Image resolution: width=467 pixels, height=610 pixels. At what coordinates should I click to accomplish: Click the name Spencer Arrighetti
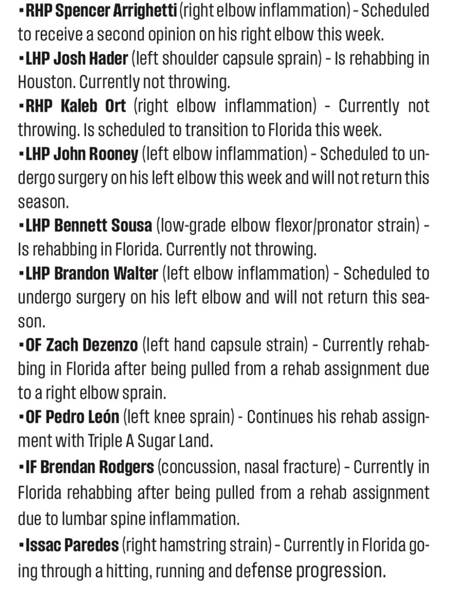116,11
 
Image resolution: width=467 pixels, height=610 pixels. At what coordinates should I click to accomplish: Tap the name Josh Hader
91,59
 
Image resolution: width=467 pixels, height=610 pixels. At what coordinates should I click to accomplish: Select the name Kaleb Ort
93,106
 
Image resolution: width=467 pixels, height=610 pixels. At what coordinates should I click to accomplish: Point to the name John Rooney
96,154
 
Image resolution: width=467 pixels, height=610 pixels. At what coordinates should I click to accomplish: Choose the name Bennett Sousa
103,225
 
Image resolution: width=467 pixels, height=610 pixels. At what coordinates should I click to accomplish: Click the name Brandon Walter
106,274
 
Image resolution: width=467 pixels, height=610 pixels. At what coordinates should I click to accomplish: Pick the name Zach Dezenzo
92,345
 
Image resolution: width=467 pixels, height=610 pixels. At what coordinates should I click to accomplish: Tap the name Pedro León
83,416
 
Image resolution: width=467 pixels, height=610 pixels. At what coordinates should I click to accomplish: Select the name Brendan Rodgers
97,467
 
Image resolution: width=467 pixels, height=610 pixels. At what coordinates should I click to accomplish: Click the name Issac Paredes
72,545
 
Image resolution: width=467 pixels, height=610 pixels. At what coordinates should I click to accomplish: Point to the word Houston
46,82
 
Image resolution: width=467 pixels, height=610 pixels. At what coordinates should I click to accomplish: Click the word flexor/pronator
324,225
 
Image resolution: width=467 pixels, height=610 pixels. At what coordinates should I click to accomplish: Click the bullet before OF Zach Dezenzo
21,345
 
